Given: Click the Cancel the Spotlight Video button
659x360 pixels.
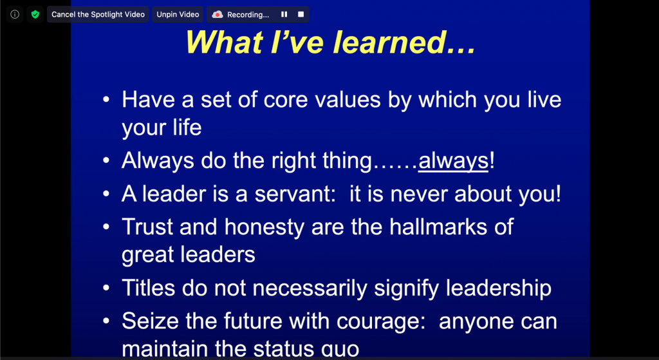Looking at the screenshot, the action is click(x=98, y=14).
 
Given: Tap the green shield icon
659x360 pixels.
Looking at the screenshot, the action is click(x=35, y=14).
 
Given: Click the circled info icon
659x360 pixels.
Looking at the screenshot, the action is click(x=15, y=14).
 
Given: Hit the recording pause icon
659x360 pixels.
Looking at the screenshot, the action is click(x=284, y=14).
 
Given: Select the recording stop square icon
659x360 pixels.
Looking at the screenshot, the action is click(x=301, y=14).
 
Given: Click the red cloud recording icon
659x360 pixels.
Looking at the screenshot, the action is click(x=218, y=15).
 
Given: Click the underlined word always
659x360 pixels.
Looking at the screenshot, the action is click(x=453, y=161).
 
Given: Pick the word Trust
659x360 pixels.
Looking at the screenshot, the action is click(x=147, y=227).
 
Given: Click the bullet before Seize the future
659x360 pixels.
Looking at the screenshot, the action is click(x=106, y=322).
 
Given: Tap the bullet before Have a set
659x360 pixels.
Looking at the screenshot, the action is click(x=106, y=100).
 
